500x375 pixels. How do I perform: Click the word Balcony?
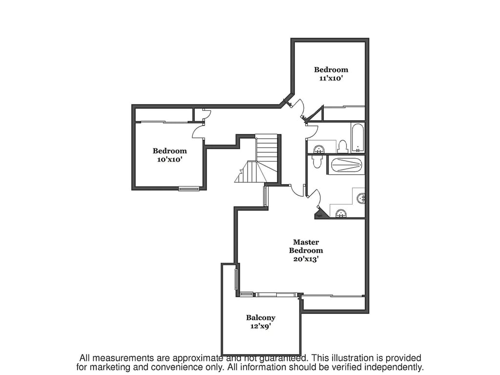pos(260,317)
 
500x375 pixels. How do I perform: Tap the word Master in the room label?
pos(306,242)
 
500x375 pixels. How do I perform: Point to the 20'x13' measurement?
pos(306,259)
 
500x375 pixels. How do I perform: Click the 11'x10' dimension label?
pos(331,78)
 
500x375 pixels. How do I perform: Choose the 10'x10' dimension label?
pos(169,160)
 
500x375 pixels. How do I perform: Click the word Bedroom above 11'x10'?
pos(331,69)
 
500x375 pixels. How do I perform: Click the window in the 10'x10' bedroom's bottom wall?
pos(189,188)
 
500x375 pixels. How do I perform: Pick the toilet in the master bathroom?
pos(317,161)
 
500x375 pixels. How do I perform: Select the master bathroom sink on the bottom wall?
pos(341,212)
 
